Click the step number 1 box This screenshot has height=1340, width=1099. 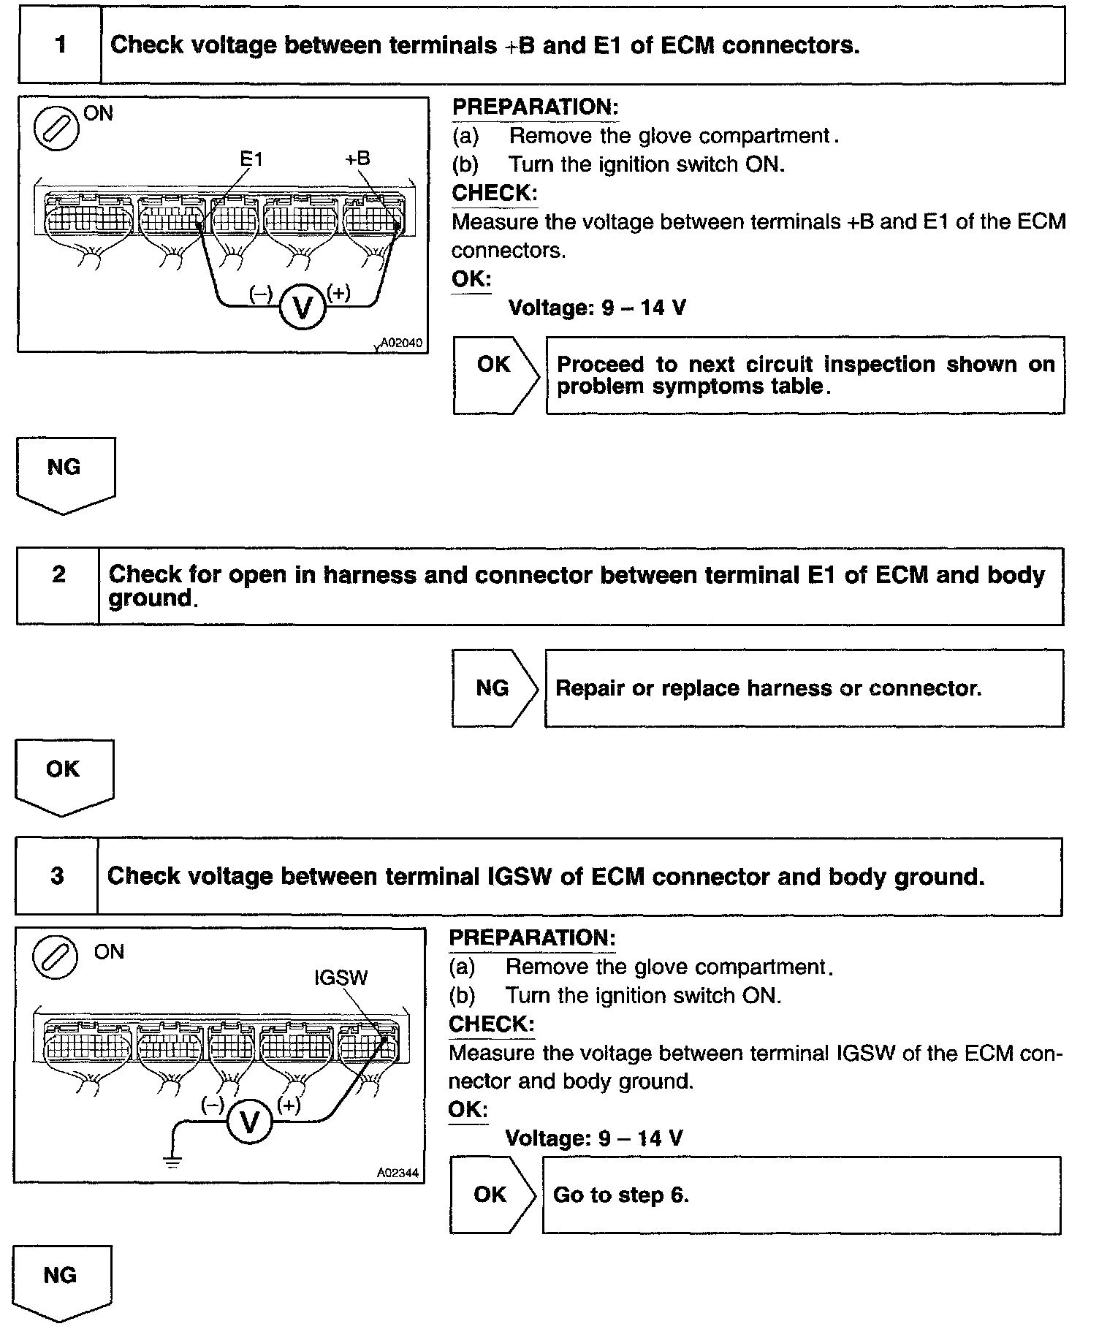click(60, 46)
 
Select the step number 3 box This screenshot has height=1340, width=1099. click(57, 876)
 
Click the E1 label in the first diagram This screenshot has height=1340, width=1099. click(251, 159)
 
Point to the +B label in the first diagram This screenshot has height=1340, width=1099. click(357, 159)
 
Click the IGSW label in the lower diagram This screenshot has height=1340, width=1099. click(341, 978)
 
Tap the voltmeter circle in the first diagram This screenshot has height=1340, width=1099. click(302, 307)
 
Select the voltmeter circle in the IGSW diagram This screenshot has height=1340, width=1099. click(249, 1122)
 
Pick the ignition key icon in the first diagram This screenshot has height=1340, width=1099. click(56, 129)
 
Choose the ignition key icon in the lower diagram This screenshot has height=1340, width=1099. click(56, 958)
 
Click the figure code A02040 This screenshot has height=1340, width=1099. click(402, 343)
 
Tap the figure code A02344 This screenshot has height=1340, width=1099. click(398, 1173)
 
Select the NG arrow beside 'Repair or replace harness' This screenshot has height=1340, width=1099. click(494, 688)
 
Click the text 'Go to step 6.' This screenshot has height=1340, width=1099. click(621, 1195)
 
